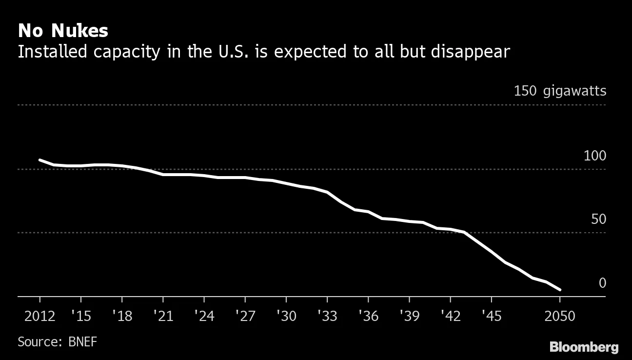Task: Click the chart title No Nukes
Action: (63, 31)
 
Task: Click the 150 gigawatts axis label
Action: (560, 91)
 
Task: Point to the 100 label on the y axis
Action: (594, 156)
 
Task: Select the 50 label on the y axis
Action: (598, 220)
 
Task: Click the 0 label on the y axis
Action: (602, 283)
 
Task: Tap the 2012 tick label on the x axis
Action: (39, 316)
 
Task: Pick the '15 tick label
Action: (80, 316)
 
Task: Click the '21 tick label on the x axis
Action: (162, 316)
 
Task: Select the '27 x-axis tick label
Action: (244, 316)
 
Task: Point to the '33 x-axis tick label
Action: (327, 316)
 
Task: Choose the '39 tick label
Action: (409, 316)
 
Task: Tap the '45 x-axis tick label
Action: (491, 316)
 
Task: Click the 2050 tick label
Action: (560, 316)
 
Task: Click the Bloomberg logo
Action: (584, 347)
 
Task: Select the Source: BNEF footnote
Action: (58, 341)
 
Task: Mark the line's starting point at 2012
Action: (39, 160)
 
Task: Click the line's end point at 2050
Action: (560, 290)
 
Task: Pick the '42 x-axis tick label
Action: (450, 316)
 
